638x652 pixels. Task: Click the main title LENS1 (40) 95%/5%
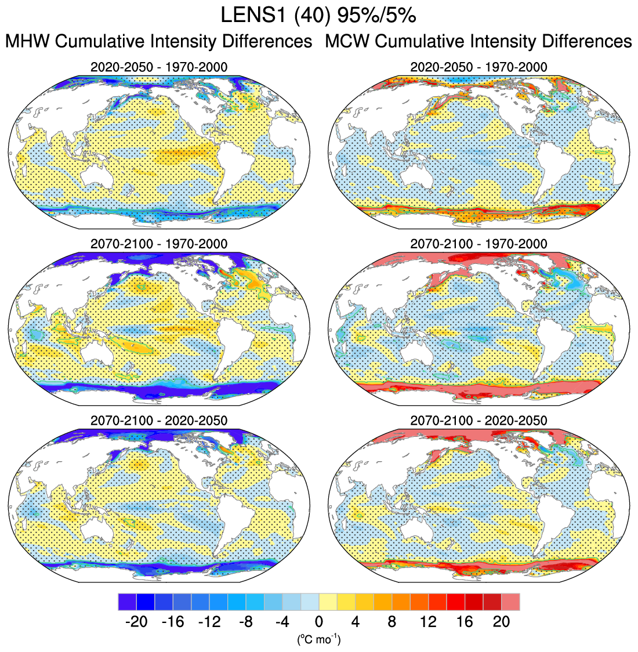(x=318, y=16)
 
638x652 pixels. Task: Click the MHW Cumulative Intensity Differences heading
(x=158, y=42)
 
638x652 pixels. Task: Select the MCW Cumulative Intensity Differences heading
(x=478, y=42)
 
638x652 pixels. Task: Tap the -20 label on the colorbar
(x=136, y=622)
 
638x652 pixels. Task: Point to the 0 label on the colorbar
(x=319, y=622)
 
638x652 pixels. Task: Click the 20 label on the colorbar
(x=501, y=622)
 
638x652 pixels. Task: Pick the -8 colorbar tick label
(x=246, y=622)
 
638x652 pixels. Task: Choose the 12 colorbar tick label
(x=428, y=622)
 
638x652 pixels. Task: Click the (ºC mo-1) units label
(x=318, y=640)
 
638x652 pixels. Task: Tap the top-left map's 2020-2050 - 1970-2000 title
(x=159, y=67)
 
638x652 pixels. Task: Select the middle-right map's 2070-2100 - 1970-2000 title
(x=478, y=244)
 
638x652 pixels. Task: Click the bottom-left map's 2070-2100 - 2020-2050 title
(x=159, y=420)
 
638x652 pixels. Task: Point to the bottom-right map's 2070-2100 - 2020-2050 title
(x=478, y=420)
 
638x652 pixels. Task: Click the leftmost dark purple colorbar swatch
(x=126, y=602)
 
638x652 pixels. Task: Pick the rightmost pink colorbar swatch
(x=510, y=602)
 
